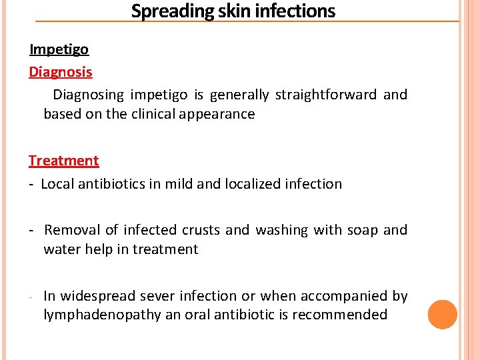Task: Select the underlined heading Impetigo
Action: tap(59, 49)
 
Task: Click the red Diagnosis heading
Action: tap(61, 72)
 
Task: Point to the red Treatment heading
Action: tap(63, 161)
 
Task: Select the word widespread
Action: tap(99, 296)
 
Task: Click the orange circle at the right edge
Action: tap(443, 315)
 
